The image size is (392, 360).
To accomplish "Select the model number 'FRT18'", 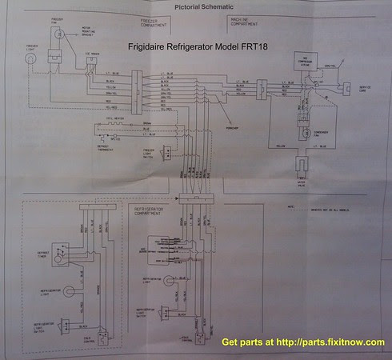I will point(258,46).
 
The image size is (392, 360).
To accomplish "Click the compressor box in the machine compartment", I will point(306,64).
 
